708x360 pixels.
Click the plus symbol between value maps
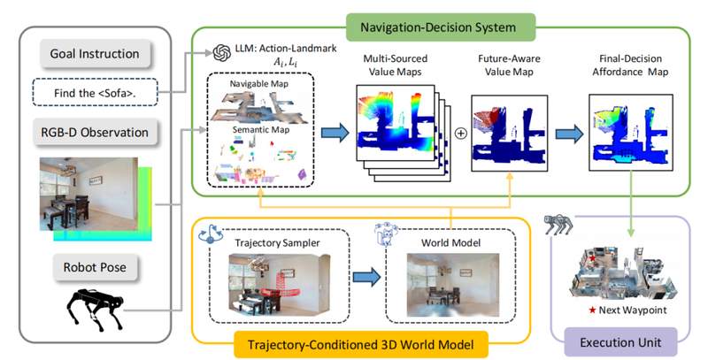(460, 134)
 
